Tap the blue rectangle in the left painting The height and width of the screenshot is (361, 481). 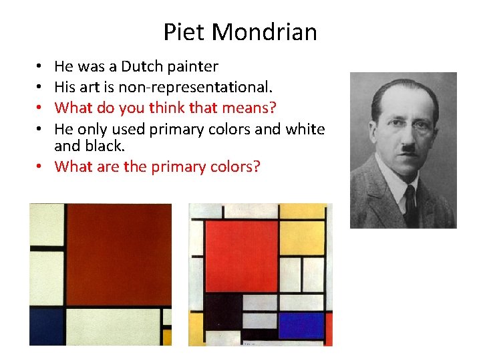click(46, 326)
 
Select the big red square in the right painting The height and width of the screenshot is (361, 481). click(241, 255)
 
